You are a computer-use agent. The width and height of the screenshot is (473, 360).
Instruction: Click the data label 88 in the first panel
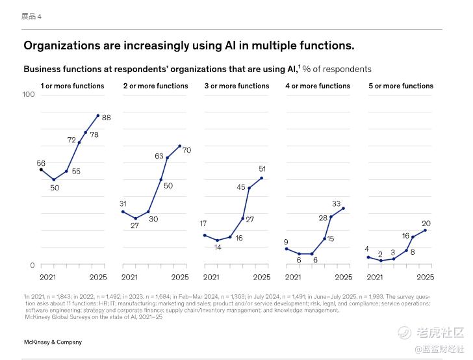click(107, 118)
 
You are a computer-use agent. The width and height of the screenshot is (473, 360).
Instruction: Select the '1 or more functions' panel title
click(72, 86)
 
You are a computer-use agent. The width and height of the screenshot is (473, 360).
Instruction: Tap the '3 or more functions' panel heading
click(236, 86)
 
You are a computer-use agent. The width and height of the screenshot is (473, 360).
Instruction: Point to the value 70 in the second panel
click(186, 150)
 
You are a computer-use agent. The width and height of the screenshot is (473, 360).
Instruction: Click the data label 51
click(262, 169)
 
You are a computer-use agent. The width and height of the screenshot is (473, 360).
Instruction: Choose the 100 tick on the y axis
click(29, 95)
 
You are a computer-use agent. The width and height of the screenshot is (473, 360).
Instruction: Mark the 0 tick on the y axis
click(32, 265)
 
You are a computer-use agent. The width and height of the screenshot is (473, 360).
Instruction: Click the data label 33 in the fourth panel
click(337, 204)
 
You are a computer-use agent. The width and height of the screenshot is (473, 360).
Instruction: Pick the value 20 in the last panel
click(426, 224)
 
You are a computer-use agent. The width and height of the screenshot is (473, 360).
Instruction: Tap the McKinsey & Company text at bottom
click(53, 342)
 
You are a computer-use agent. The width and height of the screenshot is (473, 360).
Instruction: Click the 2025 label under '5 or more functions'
click(425, 277)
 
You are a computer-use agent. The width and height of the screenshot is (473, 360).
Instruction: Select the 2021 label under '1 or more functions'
click(47, 277)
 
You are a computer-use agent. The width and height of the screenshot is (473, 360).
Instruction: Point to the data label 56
click(41, 164)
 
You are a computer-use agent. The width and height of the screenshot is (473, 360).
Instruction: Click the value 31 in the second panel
click(123, 204)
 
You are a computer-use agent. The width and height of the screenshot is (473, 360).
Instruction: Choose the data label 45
click(240, 187)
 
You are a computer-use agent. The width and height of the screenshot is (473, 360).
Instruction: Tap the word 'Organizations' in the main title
click(61, 45)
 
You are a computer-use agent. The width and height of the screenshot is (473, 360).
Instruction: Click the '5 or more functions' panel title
click(401, 86)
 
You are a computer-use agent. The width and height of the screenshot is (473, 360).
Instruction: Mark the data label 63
click(159, 156)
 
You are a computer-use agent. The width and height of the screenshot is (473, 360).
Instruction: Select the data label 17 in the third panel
click(203, 224)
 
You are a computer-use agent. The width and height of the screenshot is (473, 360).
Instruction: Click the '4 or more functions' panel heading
click(318, 86)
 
